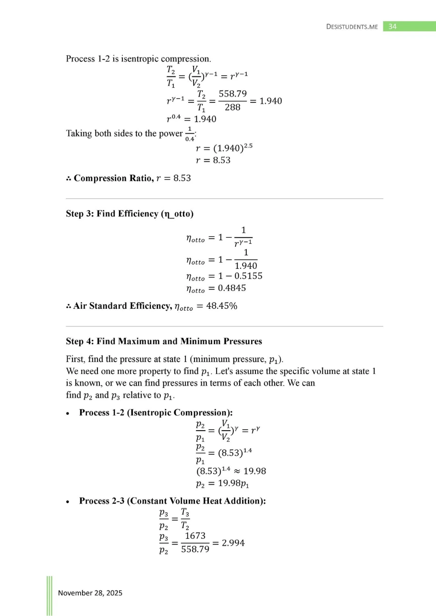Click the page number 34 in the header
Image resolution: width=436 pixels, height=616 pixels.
click(x=392, y=26)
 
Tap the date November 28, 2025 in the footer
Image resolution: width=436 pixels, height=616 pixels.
click(x=90, y=593)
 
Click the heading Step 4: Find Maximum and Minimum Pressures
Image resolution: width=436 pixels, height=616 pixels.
click(x=164, y=341)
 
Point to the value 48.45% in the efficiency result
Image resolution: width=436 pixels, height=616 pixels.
click(x=221, y=306)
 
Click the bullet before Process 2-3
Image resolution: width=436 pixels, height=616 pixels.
click(x=69, y=501)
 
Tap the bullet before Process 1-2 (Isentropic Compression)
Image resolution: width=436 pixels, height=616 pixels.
click(x=69, y=412)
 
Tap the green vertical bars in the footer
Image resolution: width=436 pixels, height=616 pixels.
click(x=49, y=595)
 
